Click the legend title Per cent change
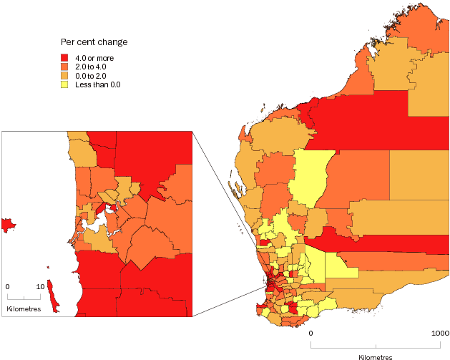pos(94,42)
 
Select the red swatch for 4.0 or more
pos(64,58)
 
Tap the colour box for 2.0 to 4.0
pos(64,67)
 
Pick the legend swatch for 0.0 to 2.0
pos(64,75)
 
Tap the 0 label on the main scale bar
pos(311,334)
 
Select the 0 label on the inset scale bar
pos(7,286)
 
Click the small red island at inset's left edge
pos(8,225)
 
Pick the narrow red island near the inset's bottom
pos(51,295)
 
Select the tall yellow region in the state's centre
pos(309,179)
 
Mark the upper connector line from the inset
pos(230,203)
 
